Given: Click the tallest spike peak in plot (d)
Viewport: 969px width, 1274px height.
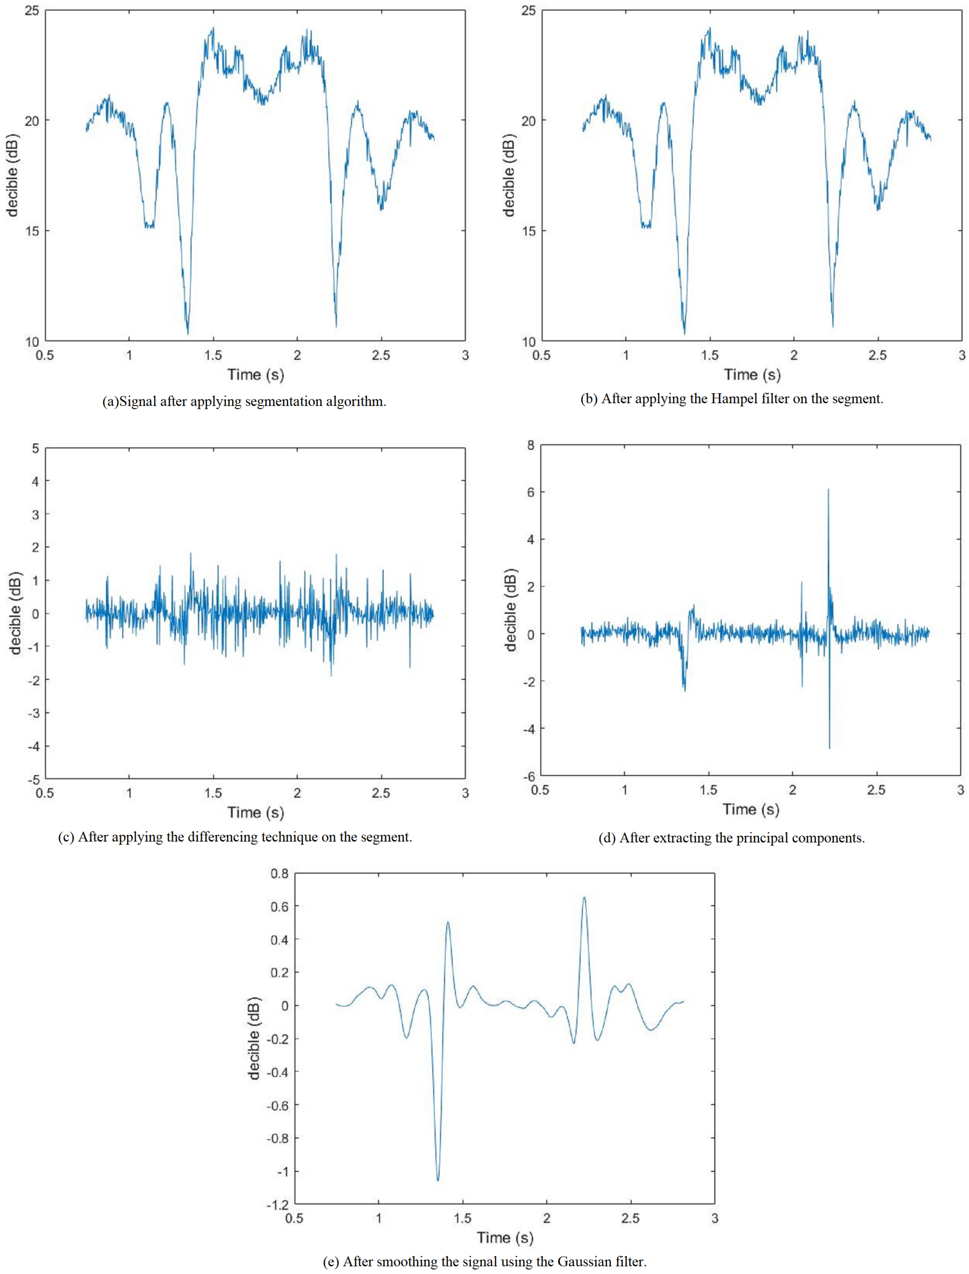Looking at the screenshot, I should (x=828, y=490).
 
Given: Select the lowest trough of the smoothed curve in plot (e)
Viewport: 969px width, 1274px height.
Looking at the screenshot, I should (x=438, y=1180).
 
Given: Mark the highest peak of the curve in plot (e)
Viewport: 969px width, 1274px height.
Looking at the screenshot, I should (x=584, y=897).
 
